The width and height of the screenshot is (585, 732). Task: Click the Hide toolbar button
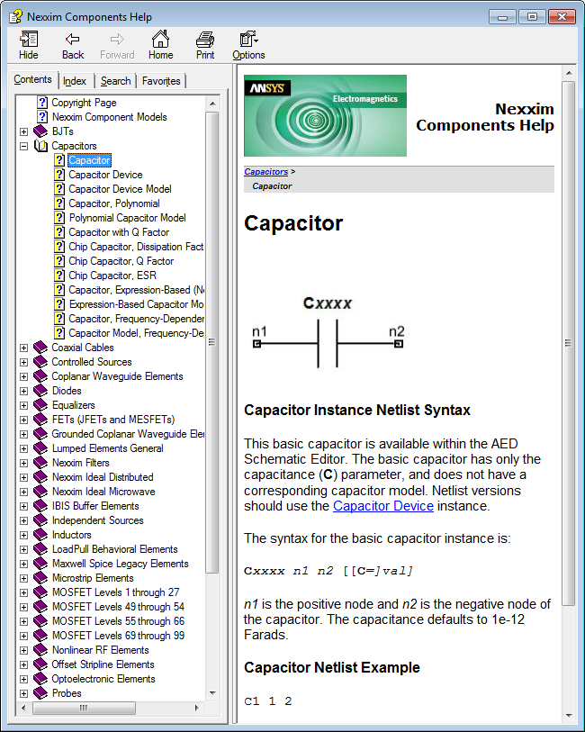coord(29,45)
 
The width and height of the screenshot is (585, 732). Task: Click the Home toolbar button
coord(160,45)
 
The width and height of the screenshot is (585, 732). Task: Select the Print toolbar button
coord(205,45)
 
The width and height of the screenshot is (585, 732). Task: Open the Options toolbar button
coord(248,45)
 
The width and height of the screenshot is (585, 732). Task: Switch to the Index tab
coord(75,81)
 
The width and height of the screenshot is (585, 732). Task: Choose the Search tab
coord(115,81)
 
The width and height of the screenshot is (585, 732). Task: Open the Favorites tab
coord(161,81)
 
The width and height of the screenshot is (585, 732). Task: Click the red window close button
coord(561,16)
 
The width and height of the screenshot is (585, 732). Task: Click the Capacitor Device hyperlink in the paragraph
coord(383,506)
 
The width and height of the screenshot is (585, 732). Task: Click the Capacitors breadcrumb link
coord(265,171)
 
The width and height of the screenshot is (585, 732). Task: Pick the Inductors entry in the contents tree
coord(71,535)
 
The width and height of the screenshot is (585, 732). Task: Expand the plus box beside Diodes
coord(24,391)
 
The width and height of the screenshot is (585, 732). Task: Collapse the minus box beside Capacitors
coord(24,146)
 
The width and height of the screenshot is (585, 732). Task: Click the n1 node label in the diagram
coord(259,331)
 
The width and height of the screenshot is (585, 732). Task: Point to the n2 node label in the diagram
coord(397,331)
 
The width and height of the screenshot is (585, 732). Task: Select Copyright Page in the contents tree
coord(84,103)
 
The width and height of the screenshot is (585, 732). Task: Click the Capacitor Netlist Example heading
coord(332,668)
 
